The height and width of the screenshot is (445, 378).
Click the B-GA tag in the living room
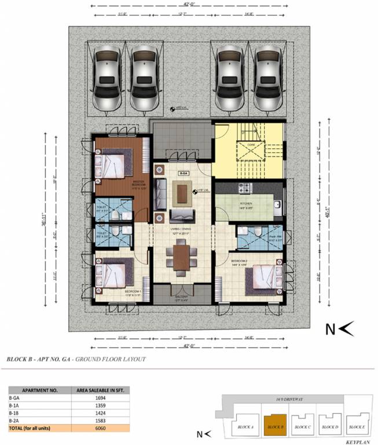coord(184,173)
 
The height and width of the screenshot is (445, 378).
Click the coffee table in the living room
coord(183,193)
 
